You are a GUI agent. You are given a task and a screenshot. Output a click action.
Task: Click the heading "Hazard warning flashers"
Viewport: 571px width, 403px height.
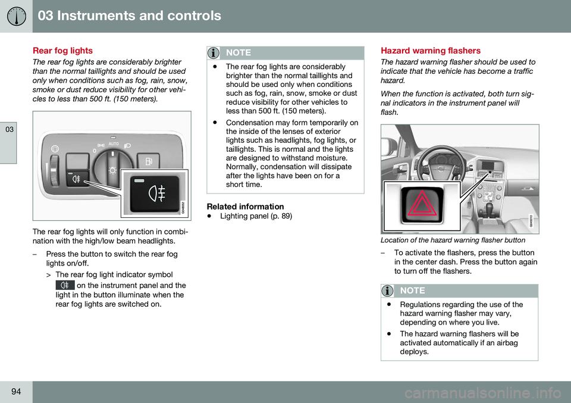click(x=431, y=51)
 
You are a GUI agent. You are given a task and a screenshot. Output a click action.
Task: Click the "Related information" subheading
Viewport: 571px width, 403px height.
click(x=245, y=206)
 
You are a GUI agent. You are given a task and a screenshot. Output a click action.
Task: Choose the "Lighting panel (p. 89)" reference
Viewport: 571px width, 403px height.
click(x=256, y=216)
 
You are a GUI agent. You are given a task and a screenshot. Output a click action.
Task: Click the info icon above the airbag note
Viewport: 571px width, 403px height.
click(x=389, y=290)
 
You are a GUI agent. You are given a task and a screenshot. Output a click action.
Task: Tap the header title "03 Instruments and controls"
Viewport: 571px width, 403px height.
click(x=130, y=16)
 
